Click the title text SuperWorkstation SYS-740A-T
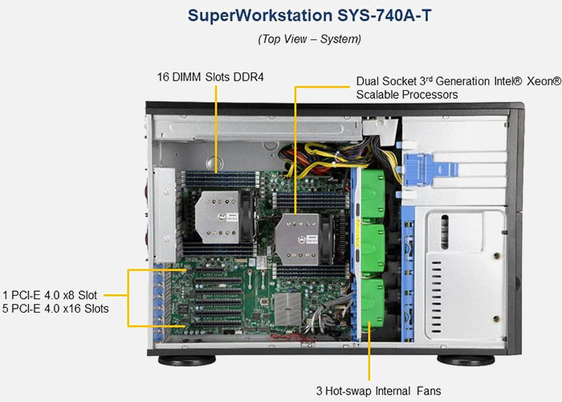click(309, 16)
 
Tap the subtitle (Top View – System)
click(309, 39)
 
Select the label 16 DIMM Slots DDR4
click(210, 77)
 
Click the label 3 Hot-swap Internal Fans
click(378, 391)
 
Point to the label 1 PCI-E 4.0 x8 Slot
click(50, 295)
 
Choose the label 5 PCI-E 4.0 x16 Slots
click(55, 308)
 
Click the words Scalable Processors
click(407, 95)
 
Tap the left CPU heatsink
click(218, 217)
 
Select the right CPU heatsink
click(298, 240)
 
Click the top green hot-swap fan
click(373, 194)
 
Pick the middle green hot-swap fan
click(373, 248)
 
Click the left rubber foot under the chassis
click(187, 360)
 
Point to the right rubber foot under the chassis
click(466, 360)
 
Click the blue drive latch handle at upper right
click(431, 170)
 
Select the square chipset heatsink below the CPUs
click(287, 309)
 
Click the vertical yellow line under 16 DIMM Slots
click(216, 129)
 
